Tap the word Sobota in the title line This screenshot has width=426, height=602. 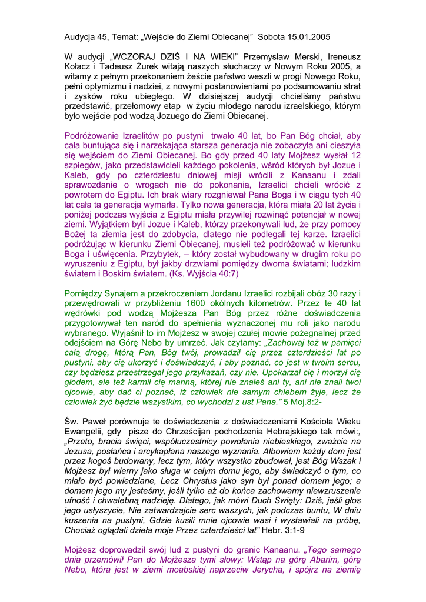click(x=272, y=37)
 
